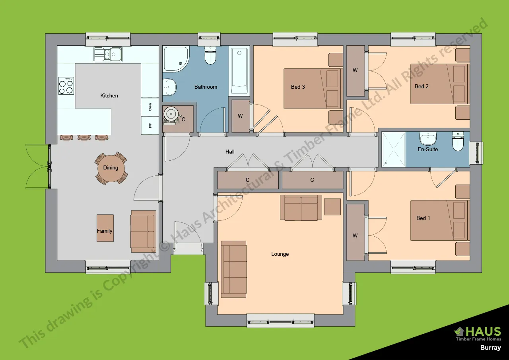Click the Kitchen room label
click(109, 95)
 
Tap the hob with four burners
click(66, 86)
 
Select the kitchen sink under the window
click(108, 54)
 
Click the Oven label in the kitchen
click(150, 107)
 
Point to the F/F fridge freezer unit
click(150, 126)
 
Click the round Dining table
click(111, 168)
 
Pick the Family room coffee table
click(105, 228)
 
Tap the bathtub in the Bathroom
click(239, 71)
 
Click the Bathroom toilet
click(210, 56)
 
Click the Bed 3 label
click(298, 87)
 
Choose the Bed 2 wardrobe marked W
click(355, 70)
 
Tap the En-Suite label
click(428, 149)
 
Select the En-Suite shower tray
click(394, 150)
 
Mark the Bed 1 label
click(423, 218)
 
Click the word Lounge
click(280, 254)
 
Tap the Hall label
click(230, 152)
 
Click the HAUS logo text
click(483, 331)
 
